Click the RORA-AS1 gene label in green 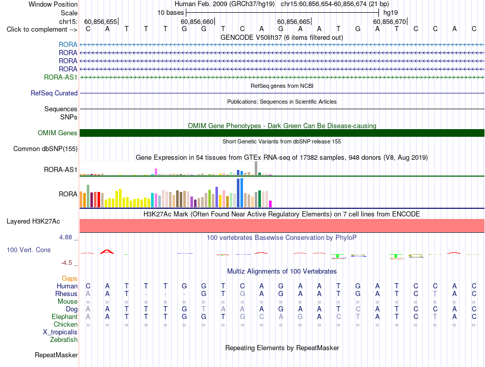pyautogui.click(x=61, y=77)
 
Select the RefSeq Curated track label pyautogui.click(x=54, y=93)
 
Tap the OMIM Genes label pyautogui.click(x=58, y=133)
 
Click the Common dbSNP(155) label pyautogui.click(x=45, y=149)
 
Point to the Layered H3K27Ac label pyautogui.click(x=33, y=222)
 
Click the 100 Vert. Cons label pyautogui.click(x=29, y=250)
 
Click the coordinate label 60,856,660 pyautogui.click(x=197, y=21)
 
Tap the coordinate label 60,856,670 pyautogui.click(x=390, y=21)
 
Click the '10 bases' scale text pyautogui.click(x=171, y=13)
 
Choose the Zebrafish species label pyautogui.click(x=64, y=340)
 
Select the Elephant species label pyautogui.click(x=65, y=317)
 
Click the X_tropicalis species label pyautogui.click(x=60, y=332)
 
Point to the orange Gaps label pyautogui.click(x=69, y=279)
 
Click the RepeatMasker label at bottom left pyautogui.click(x=56, y=355)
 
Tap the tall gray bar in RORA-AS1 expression pyautogui.click(x=256, y=168)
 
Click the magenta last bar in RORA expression pyautogui.click(x=271, y=204)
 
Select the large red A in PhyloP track pyautogui.click(x=107, y=252)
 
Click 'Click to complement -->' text pyautogui.click(x=42, y=30)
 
